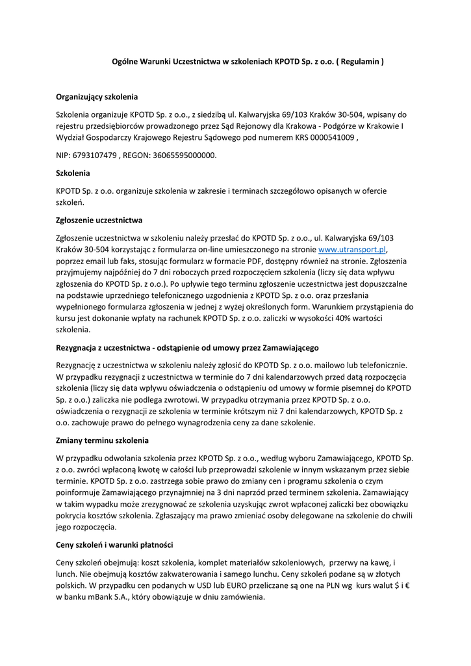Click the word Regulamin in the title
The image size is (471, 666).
click(x=361, y=62)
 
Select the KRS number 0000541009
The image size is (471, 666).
click(x=327, y=138)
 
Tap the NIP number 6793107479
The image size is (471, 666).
click(x=94, y=155)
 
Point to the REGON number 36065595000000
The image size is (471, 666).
click(x=185, y=155)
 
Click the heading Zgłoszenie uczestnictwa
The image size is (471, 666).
click(x=99, y=220)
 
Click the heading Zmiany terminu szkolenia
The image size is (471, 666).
click(x=103, y=440)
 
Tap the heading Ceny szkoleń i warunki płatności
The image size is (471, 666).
click(x=114, y=544)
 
